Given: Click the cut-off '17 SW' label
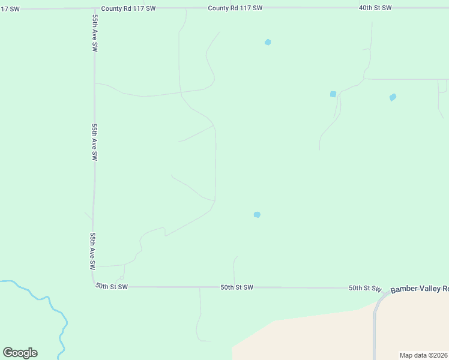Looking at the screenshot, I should [x=10, y=8].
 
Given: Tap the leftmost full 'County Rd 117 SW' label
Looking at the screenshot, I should [x=128, y=8].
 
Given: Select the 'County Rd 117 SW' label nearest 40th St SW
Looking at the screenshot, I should [x=235, y=8].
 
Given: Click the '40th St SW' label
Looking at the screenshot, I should [x=375, y=8].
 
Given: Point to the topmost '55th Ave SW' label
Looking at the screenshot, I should [x=95, y=33].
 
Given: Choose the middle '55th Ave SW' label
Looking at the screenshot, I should [x=94, y=142].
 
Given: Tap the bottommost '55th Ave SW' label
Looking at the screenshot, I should [x=93, y=250].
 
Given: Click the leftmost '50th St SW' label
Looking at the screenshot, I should [x=112, y=287].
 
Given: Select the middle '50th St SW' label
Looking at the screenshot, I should [x=237, y=287].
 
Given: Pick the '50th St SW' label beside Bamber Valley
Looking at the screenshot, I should [x=365, y=289].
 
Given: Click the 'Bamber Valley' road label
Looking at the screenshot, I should [x=419, y=289].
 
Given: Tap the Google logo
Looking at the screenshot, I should [x=20, y=353].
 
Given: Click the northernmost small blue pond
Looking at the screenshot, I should [x=268, y=42].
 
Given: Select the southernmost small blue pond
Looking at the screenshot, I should [x=257, y=215].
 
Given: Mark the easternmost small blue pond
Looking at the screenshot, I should [x=393, y=97].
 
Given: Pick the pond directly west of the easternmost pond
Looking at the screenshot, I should [x=333, y=94].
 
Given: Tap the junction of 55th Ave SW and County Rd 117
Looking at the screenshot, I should [x=93, y=8].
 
